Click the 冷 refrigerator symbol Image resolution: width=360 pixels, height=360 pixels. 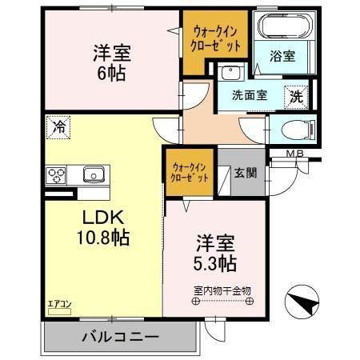point(58,125)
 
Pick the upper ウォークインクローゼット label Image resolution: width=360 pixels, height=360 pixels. point(214,38)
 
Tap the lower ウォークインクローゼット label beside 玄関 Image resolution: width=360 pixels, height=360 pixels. point(190,172)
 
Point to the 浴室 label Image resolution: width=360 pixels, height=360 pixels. point(281,57)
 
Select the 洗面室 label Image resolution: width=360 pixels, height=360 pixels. point(250,95)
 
